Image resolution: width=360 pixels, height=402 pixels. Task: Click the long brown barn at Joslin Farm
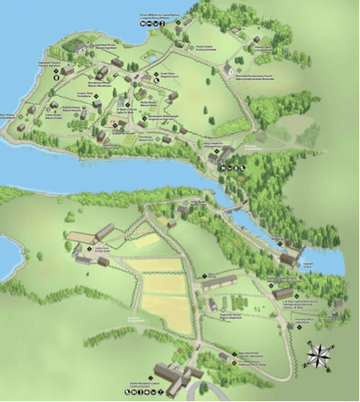point(103,232)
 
